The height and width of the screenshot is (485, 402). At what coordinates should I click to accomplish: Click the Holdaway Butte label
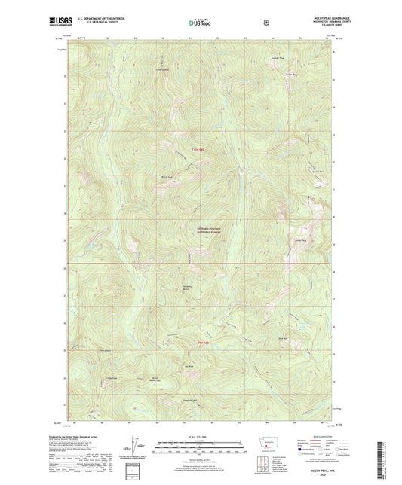point(186,288)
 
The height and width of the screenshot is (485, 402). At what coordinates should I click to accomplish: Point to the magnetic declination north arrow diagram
point(135,444)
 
